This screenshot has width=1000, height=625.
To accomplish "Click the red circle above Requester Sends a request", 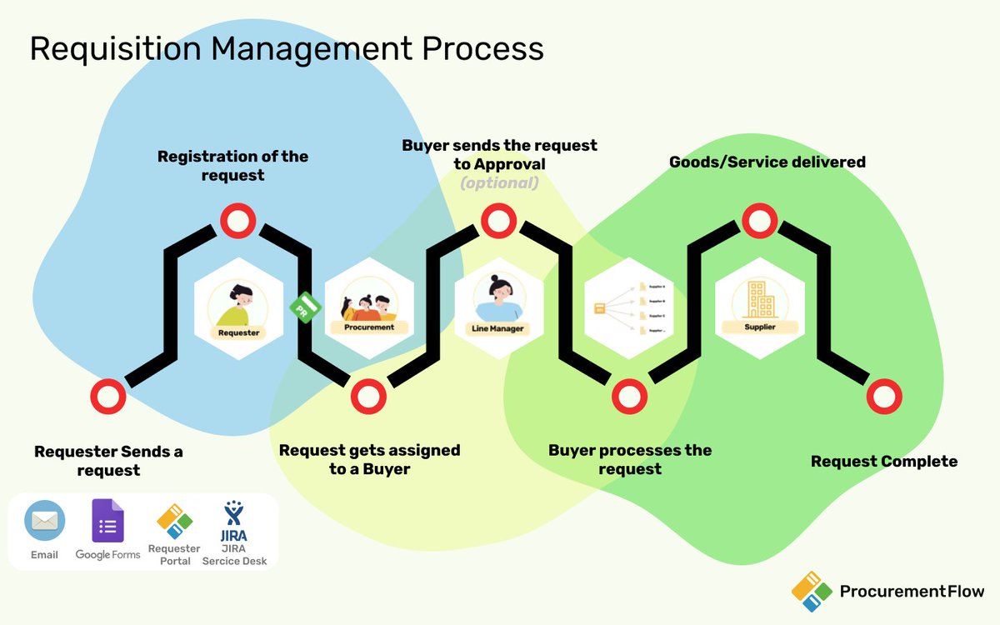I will [x=107, y=397].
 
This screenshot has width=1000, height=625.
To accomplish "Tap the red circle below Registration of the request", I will [x=237, y=222].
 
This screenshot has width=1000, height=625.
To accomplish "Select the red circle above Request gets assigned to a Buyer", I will [x=367, y=397].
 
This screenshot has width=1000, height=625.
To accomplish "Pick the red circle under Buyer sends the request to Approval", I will [x=497, y=222].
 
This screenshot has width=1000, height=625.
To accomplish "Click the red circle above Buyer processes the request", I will [x=628, y=397].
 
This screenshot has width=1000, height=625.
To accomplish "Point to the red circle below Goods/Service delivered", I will [x=759, y=222].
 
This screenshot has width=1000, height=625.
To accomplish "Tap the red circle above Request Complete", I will [x=884, y=397].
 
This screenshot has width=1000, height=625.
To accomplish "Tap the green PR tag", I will [x=302, y=308].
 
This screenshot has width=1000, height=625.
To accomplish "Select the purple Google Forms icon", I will [x=107, y=522].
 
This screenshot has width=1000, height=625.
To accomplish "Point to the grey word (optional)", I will [x=499, y=183].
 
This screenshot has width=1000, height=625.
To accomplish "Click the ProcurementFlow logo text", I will [x=911, y=592].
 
